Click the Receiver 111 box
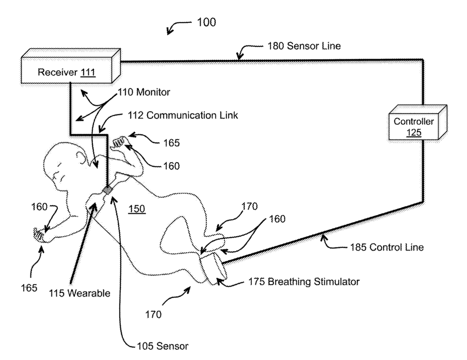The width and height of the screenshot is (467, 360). (71, 66)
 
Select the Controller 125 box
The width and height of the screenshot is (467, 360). (418, 122)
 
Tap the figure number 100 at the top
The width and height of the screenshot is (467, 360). (206, 22)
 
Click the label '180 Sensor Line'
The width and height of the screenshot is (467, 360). (304, 46)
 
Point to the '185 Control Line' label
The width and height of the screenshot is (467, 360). (387, 247)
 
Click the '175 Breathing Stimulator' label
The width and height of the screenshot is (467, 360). (304, 281)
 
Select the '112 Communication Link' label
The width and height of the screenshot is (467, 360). (183, 115)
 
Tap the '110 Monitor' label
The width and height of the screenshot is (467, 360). (144, 92)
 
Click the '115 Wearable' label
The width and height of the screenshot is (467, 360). (79, 293)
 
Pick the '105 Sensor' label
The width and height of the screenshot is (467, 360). (163, 346)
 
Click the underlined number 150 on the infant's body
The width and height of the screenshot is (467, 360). (137, 209)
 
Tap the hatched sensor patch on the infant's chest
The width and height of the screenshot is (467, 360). (107, 190)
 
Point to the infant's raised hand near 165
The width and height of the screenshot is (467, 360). (119, 142)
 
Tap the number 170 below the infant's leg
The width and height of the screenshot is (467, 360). (153, 315)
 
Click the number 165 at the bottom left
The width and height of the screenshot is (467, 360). (29, 288)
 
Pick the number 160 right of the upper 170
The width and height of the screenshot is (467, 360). (277, 219)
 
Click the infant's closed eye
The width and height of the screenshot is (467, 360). (59, 165)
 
